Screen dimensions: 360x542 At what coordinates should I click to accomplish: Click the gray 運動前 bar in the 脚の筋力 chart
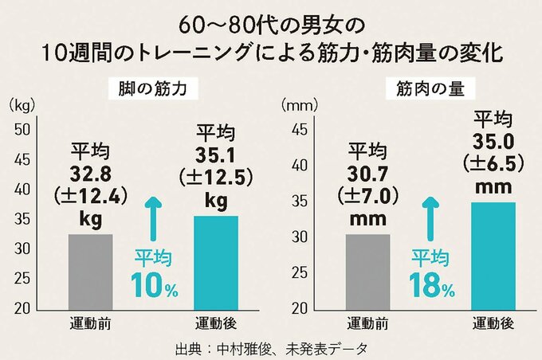pyautogui.click(x=90, y=271)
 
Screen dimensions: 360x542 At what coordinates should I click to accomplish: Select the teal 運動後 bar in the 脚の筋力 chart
pyautogui.click(x=216, y=262)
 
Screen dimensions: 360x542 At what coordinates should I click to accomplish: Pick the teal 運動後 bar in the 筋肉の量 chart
pyautogui.click(x=493, y=255)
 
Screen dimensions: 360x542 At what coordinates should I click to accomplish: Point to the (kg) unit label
pyautogui.click(x=18, y=104)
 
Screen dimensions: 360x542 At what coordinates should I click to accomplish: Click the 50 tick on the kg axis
pyautogui.click(x=23, y=130)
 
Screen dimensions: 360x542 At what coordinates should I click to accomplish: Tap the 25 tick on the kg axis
pyautogui.click(x=23, y=278)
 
